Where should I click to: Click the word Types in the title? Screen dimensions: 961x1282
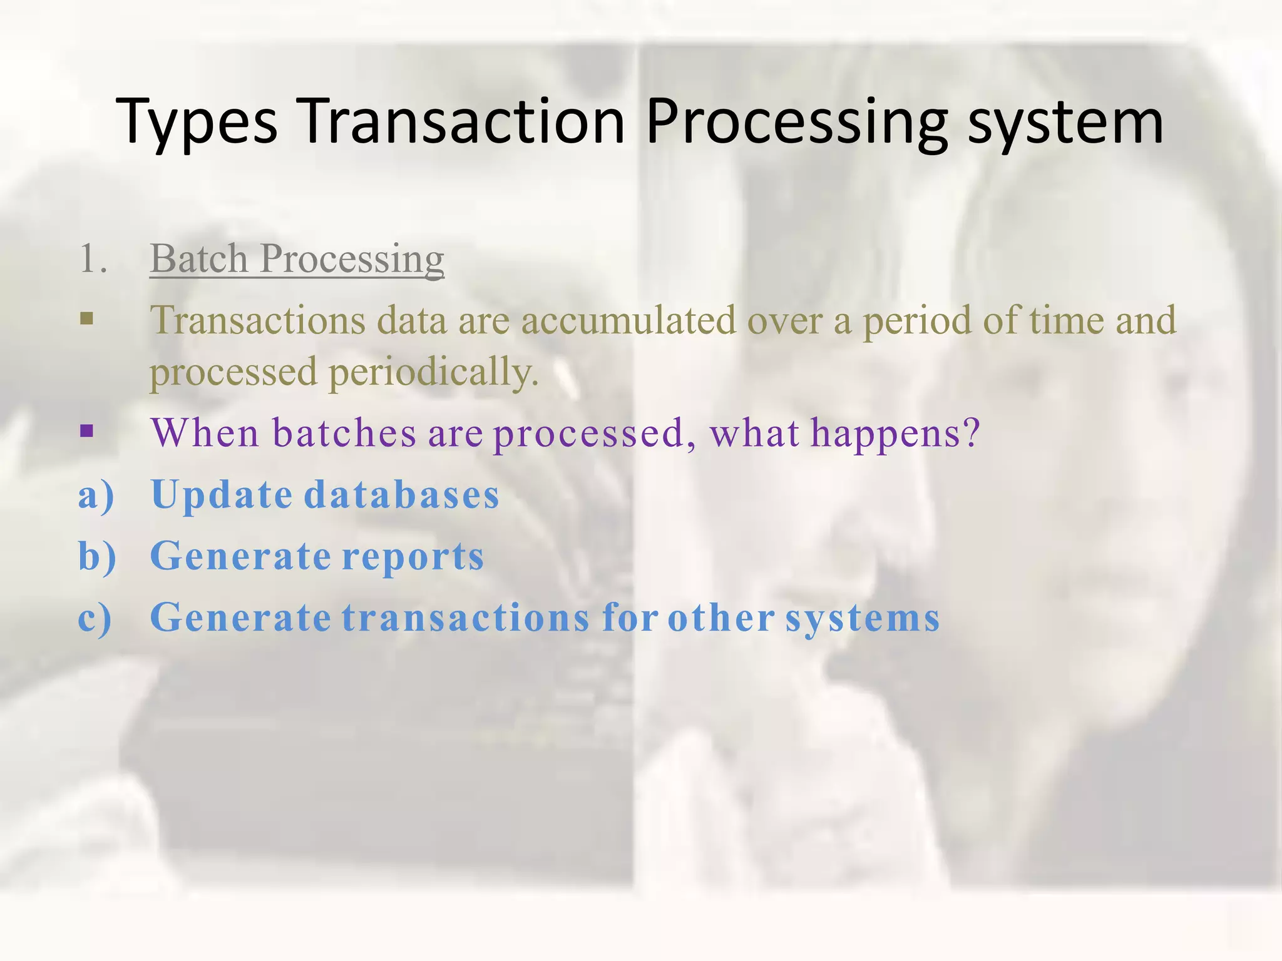pos(197,122)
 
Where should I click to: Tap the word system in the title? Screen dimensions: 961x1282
pos(1065,122)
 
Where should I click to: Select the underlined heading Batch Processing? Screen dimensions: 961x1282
pos(297,259)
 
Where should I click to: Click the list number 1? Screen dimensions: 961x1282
pos(93,259)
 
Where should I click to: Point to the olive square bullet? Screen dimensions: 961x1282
pos(87,320)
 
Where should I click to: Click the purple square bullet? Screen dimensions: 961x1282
pos(87,431)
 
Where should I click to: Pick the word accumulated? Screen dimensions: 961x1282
pos(628,320)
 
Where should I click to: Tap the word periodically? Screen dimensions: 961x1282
pos(433,372)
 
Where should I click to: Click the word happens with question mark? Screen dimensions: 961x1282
pos(895,433)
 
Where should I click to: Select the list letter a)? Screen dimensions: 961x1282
pos(96,494)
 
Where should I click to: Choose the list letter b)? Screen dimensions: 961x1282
pos(97,556)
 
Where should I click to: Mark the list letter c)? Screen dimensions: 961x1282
pos(95,618)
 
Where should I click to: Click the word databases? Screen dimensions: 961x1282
pos(401,494)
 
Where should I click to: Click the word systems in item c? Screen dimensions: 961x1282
pos(863,618)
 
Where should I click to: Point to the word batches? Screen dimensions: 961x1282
pos(344,433)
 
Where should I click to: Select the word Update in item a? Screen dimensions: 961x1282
pos(222,494)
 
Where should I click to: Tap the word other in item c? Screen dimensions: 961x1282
pos(721,618)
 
